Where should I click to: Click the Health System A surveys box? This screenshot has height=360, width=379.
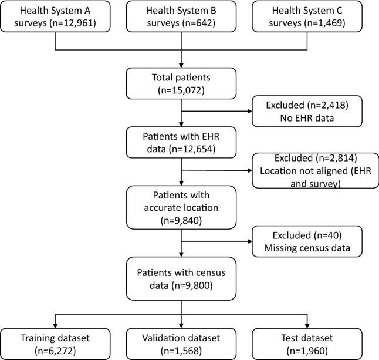55,18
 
